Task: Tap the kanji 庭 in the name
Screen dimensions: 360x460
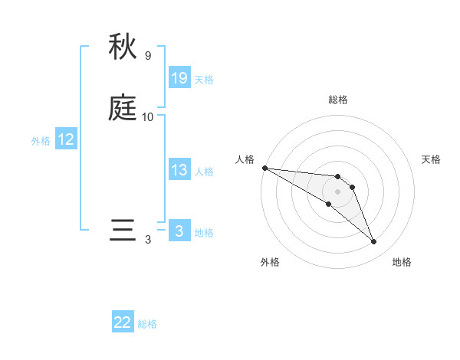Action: pyautogui.click(x=123, y=108)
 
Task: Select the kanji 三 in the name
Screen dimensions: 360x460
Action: pyautogui.click(x=123, y=230)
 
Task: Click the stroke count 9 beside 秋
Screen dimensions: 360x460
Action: pyautogui.click(x=148, y=56)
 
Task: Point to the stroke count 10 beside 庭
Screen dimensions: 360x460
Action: pyautogui.click(x=148, y=117)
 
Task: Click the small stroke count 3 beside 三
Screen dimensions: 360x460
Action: pyautogui.click(x=148, y=240)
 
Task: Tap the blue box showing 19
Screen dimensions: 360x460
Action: pyautogui.click(x=179, y=78)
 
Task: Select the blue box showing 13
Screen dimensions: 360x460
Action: pyautogui.click(x=179, y=170)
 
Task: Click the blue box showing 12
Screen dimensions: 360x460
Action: pyautogui.click(x=66, y=139)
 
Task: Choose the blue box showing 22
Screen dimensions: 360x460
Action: pyautogui.click(x=123, y=322)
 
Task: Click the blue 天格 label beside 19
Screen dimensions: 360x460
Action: pyautogui.click(x=204, y=80)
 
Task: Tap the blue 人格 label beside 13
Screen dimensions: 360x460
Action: pyautogui.click(x=204, y=172)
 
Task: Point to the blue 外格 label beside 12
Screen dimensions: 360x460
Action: pyautogui.click(x=41, y=141)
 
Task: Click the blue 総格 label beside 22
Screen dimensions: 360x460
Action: pyautogui.click(x=147, y=324)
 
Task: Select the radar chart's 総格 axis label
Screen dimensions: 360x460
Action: pyautogui.click(x=338, y=100)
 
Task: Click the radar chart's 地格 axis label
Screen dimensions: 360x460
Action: pyautogui.click(x=402, y=262)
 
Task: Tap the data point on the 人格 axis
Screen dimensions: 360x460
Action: pyautogui.click(x=264, y=168)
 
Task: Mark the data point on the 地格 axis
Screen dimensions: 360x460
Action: pyautogui.click(x=374, y=242)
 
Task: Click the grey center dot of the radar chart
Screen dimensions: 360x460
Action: pyautogui.click(x=338, y=191)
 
